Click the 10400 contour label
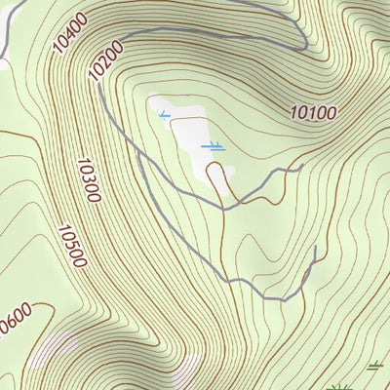71,32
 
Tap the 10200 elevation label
105,61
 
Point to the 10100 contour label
313,112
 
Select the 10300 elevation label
87,179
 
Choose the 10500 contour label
71,246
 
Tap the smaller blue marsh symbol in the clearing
164,115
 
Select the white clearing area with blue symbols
185,136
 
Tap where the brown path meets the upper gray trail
225,208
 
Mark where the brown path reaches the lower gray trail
225,281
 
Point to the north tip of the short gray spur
317,248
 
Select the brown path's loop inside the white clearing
221,174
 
